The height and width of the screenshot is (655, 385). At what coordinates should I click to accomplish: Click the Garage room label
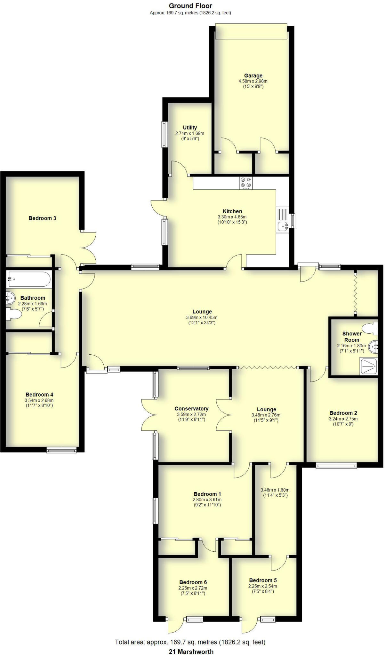pyautogui.click(x=253, y=76)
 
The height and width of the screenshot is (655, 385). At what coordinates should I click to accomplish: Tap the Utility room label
pyautogui.click(x=190, y=128)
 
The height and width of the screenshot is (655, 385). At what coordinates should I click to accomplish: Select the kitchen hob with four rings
pyautogui.click(x=246, y=183)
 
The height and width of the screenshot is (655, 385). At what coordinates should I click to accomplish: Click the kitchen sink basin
pyautogui.click(x=282, y=226)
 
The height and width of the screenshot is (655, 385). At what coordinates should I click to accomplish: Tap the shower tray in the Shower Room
pyautogui.click(x=369, y=366)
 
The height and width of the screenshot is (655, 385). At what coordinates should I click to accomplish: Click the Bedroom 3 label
pyautogui.click(x=42, y=218)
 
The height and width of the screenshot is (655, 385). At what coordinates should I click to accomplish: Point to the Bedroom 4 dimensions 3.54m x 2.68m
pyautogui.click(x=39, y=400)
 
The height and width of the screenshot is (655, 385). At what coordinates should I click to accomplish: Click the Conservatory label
pyautogui.click(x=191, y=409)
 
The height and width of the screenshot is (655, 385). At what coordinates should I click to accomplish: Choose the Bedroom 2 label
pyautogui.click(x=343, y=413)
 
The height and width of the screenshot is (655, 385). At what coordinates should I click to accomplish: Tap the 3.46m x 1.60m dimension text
pyautogui.click(x=275, y=490)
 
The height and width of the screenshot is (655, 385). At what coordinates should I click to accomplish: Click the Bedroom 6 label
pyautogui.click(x=193, y=582)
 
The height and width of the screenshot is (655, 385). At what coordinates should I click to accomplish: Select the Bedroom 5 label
pyautogui.click(x=263, y=580)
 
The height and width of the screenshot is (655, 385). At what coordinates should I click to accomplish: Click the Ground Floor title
pyautogui.click(x=190, y=6)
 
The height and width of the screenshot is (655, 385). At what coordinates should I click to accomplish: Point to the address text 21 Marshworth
pyautogui.click(x=191, y=649)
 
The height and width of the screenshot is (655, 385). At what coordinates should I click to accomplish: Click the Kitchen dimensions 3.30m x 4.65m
pyautogui.click(x=232, y=217)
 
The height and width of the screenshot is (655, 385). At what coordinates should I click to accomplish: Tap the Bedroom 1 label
pyautogui.click(x=207, y=494)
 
